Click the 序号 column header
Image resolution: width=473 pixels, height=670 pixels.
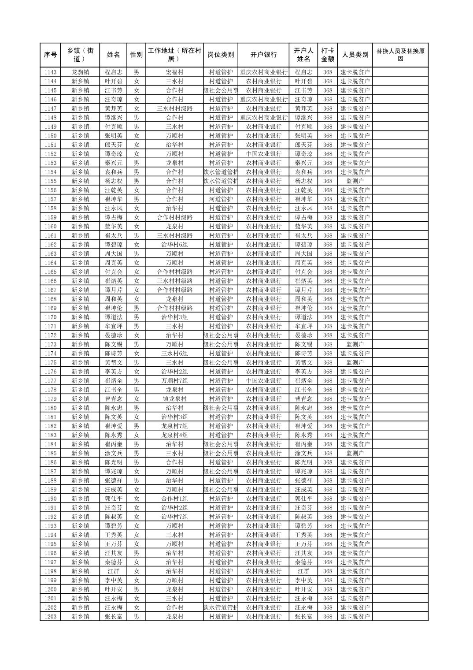(50, 55)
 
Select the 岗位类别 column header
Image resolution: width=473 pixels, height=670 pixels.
(221, 55)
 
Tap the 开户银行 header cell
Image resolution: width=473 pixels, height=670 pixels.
(263, 55)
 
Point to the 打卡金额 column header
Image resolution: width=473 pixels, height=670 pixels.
(327, 55)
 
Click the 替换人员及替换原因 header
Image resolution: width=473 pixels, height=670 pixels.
(400, 55)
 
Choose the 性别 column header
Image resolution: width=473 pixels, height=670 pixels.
(136, 55)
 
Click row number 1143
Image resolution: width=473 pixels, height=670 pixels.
(50, 72)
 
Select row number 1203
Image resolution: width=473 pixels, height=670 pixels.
(50, 617)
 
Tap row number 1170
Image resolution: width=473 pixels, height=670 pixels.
(50, 317)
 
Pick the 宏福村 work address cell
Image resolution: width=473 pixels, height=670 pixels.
(174, 72)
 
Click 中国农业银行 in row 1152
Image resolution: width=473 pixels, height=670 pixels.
(263, 154)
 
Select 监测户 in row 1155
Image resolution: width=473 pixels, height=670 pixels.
(355, 181)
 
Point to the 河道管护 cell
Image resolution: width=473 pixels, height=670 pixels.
(221, 199)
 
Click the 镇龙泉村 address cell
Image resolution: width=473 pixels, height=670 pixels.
(174, 399)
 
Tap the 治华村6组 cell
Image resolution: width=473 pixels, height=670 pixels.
(174, 245)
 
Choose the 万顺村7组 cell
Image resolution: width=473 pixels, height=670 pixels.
(174, 381)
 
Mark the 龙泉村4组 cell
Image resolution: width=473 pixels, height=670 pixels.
(174, 435)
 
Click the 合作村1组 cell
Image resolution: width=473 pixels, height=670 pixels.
(174, 499)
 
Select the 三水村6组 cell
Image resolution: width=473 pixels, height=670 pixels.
(174, 354)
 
